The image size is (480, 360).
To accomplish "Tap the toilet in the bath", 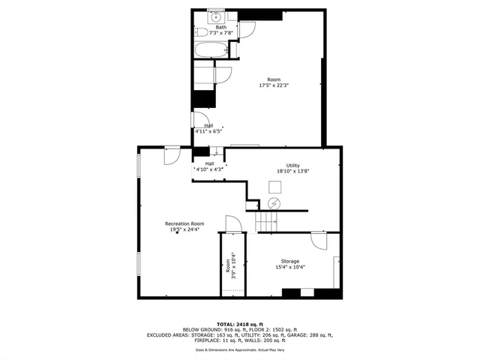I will [200, 34].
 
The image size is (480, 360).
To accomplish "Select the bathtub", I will [210, 51].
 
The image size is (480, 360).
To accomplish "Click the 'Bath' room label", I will [221, 28].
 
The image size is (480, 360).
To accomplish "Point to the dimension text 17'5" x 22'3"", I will [274, 85].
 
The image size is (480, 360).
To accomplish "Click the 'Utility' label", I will [292, 166].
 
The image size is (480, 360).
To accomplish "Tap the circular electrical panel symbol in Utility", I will [274, 204].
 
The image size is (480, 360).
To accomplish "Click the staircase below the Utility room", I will [266, 220].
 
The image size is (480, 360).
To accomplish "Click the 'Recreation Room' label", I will [184, 223].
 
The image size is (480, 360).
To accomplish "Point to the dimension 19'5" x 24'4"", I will [184, 229].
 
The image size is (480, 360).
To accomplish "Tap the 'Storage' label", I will [289, 260].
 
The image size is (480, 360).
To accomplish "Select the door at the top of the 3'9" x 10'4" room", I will [232, 225].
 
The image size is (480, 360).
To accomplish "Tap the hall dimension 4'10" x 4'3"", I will [210, 169].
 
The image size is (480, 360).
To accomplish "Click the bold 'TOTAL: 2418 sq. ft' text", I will [240, 323].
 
